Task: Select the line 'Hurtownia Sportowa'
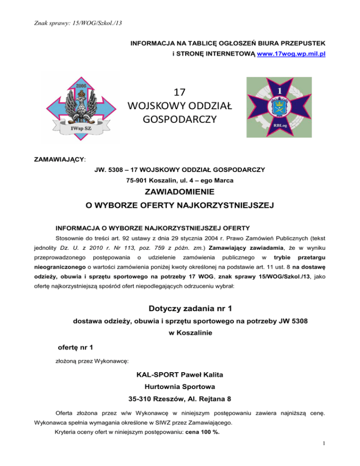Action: click(x=180, y=388)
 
